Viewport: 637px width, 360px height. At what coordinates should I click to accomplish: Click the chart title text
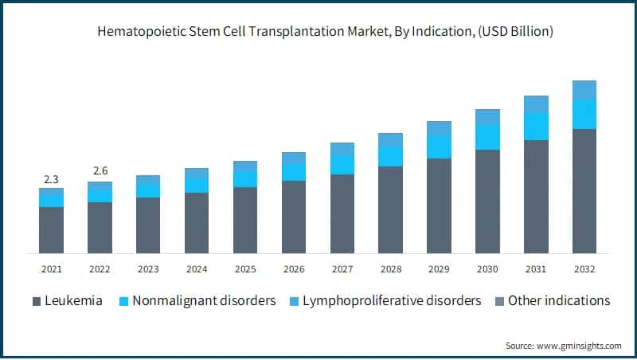pyautogui.click(x=318, y=32)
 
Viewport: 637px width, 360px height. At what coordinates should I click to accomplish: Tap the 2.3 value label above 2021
pyautogui.click(x=51, y=178)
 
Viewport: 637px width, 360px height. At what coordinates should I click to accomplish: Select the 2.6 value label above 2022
pyautogui.click(x=100, y=171)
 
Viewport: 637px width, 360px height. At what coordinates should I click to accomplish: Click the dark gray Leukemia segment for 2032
pyautogui.click(x=584, y=191)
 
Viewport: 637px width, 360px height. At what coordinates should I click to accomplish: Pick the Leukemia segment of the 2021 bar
pyautogui.click(x=51, y=230)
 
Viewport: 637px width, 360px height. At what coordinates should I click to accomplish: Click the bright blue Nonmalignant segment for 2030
pyautogui.click(x=487, y=137)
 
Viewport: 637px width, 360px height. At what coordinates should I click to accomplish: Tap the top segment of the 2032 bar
pyautogui.click(x=584, y=90)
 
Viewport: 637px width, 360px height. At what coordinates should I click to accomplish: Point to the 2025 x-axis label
pyautogui.click(x=245, y=269)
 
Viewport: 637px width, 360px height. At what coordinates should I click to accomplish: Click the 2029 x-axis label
pyautogui.click(x=439, y=269)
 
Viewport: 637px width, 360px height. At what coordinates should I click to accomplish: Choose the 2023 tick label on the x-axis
pyautogui.click(x=148, y=269)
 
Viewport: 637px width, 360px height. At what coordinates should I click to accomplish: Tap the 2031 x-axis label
pyautogui.click(x=536, y=269)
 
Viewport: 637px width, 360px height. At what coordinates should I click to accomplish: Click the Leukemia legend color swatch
pyautogui.click(x=36, y=301)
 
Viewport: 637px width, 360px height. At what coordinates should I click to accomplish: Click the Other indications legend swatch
pyautogui.click(x=498, y=301)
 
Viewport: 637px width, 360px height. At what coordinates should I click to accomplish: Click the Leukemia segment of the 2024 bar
pyautogui.click(x=197, y=223)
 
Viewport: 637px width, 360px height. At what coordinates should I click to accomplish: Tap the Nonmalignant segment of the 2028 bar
pyautogui.click(x=390, y=156)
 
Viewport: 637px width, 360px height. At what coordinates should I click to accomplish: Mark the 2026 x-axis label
pyautogui.click(x=294, y=269)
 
